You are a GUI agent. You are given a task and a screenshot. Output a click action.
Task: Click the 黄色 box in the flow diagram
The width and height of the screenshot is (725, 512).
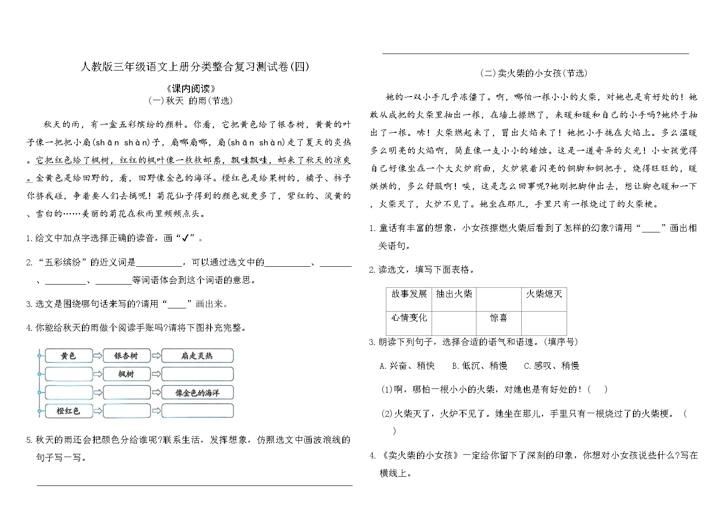click(68, 356)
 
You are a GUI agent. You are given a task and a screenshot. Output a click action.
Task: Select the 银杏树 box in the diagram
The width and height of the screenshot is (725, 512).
click(126, 356)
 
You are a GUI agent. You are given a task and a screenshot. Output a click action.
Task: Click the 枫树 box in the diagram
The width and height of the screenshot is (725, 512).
click(126, 374)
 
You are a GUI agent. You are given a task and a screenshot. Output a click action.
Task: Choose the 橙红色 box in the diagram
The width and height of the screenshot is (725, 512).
click(68, 411)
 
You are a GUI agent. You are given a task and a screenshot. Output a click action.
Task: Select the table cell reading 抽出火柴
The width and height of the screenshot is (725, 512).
click(454, 294)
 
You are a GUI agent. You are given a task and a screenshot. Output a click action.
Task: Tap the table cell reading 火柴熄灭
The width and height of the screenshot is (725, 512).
click(544, 294)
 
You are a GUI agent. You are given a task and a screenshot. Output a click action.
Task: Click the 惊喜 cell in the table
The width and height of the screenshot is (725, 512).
click(498, 318)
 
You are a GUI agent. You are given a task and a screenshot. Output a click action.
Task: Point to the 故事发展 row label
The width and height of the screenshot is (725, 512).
click(409, 294)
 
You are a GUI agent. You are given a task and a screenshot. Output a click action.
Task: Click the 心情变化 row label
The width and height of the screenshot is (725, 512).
click(409, 318)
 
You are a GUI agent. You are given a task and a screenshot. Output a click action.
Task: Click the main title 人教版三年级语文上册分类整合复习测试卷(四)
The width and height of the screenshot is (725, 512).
click(195, 67)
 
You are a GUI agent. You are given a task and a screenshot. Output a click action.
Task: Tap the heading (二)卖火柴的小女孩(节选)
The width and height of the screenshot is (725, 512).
click(534, 73)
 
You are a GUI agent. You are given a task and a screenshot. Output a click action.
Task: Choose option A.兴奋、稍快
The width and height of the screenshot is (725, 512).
click(407, 366)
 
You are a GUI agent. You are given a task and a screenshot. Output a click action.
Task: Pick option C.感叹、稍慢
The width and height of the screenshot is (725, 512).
click(551, 366)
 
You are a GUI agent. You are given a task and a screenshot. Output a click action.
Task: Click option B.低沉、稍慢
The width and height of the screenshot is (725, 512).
click(479, 366)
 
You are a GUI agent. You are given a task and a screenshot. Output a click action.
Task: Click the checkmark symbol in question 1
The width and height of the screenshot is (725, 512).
click(185, 238)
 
